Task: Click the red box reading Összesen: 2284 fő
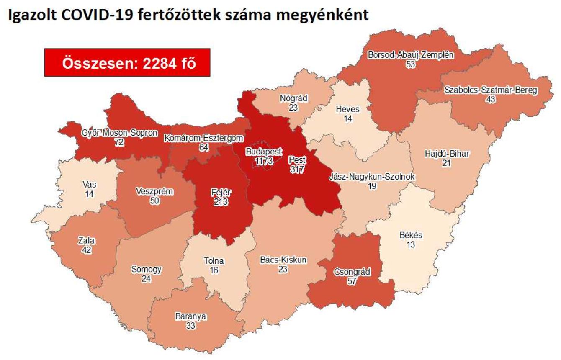pos(127,62)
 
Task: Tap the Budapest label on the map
pos(264,151)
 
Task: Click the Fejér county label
pos(221,193)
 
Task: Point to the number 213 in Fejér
pos(221,202)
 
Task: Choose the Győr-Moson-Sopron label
pos(120,134)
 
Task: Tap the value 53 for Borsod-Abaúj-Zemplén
pos(410,64)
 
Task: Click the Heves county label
pos(347,109)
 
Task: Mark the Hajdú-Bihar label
pos(446,154)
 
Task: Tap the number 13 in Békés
pos(411,244)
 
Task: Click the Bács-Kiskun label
pos(283,260)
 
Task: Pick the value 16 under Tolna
pos(214,270)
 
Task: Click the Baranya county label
pos(191,316)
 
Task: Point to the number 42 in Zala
pos(87,250)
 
